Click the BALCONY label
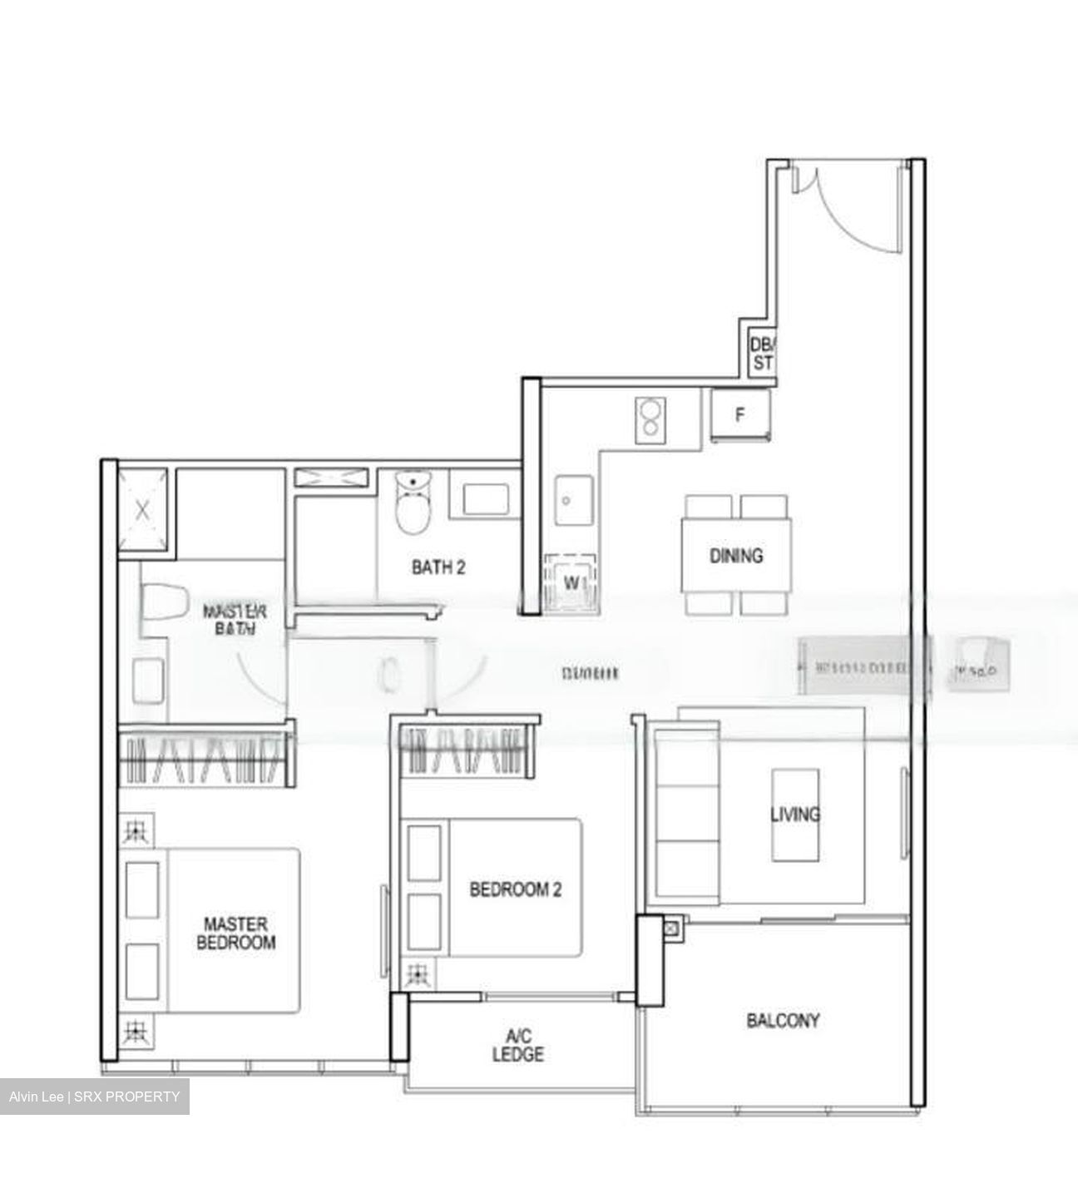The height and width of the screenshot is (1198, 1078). (x=783, y=1020)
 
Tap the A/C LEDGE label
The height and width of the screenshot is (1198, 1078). (x=517, y=1045)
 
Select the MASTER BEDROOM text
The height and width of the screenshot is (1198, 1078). (x=235, y=933)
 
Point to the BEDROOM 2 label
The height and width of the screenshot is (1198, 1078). (x=515, y=889)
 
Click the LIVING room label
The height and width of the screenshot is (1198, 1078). (x=794, y=814)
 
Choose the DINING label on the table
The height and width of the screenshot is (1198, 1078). (x=736, y=555)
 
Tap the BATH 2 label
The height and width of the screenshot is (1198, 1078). (x=438, y=567)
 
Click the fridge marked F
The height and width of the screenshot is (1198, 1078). (x=739, y=415)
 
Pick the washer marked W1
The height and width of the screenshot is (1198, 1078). (x=571, y=583)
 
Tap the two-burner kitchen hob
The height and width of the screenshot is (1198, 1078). (x=649, y=418)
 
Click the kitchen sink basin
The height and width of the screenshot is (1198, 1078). (x=574, y=501)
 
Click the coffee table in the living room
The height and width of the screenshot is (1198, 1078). (x=794, y=814)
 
